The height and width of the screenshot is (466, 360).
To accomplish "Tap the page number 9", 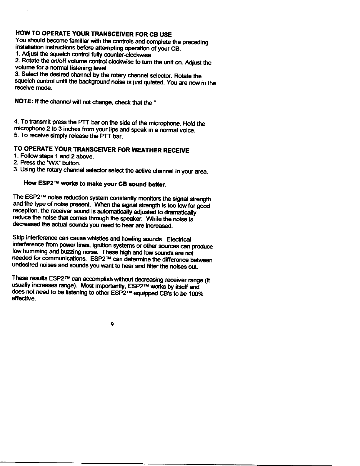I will click(112, 324).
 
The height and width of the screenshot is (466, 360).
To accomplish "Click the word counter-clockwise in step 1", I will click(134, 55).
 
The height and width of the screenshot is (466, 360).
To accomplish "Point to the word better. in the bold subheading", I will click(157, 185).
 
